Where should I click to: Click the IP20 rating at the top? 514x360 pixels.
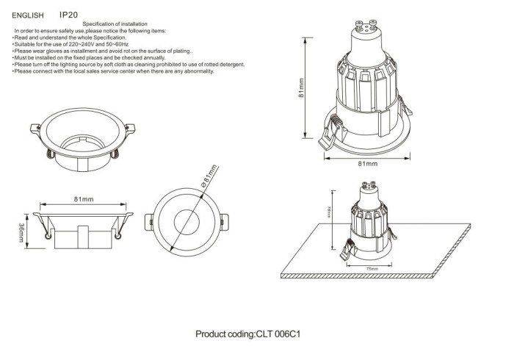click(x=69, y=14)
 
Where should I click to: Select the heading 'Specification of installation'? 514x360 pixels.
click(x=112, y=24)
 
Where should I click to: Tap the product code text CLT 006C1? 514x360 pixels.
click(x=280, y=334)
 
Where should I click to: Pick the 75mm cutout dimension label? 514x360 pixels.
click(x=373, y=269)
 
